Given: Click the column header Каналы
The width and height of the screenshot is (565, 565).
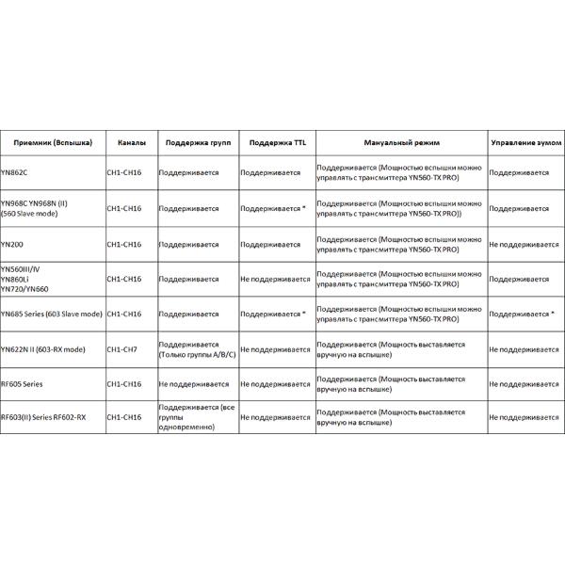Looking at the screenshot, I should click(x=132, y=142).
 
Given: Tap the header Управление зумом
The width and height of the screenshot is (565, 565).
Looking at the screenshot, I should click(x=525, y=142).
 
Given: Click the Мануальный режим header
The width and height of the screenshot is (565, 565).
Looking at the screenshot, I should click(x=399, y=142).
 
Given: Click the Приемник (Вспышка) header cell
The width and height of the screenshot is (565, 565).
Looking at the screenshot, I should click(x=53, y=142).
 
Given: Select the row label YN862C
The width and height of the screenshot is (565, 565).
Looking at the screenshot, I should click(x=15, y=174).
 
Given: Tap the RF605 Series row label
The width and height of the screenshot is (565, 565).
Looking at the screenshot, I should click(x=22, y=383).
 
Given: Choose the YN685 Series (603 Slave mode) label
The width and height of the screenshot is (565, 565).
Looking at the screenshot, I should click(x=51, y=314).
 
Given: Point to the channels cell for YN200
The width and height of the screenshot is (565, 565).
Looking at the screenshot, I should click(x=124, y=244).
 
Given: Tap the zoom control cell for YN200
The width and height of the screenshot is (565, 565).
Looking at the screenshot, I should click(x=524, y=244).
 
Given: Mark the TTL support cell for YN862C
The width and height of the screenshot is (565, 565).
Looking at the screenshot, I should click(x=270, y=174).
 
